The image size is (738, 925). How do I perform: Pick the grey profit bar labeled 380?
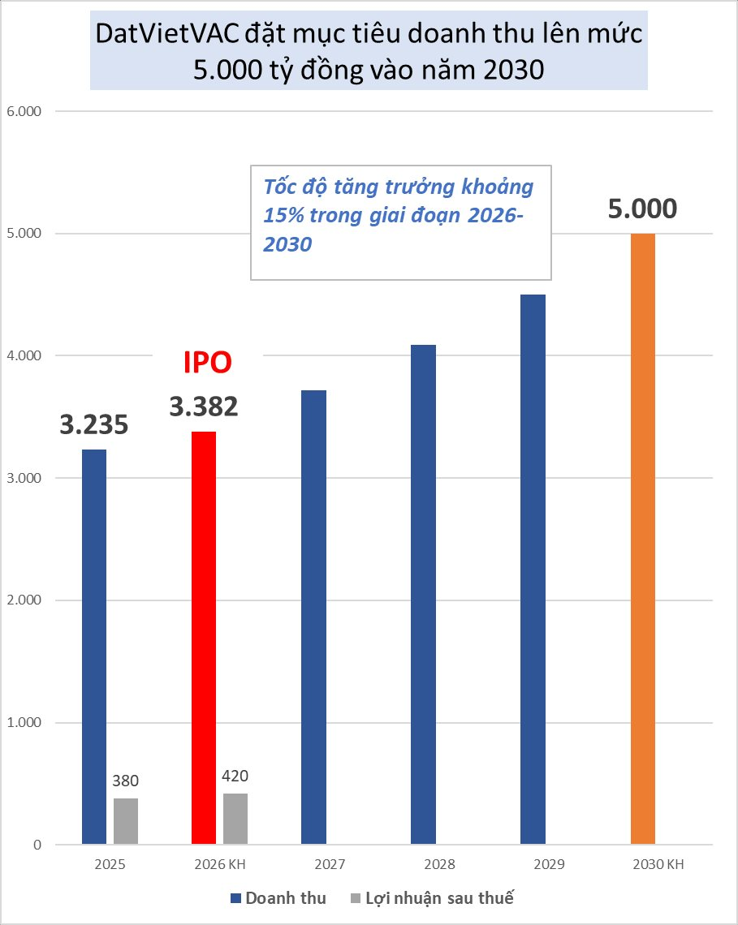point(126,821)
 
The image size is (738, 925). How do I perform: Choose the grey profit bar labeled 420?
point(235,819)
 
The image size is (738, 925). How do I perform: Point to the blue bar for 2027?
point(313,617)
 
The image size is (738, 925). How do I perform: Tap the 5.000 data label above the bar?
point(642,209)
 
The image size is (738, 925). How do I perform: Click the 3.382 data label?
point(204,407)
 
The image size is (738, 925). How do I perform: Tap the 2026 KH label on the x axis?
point(219,865)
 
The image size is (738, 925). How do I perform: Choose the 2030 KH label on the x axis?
point(658,865)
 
